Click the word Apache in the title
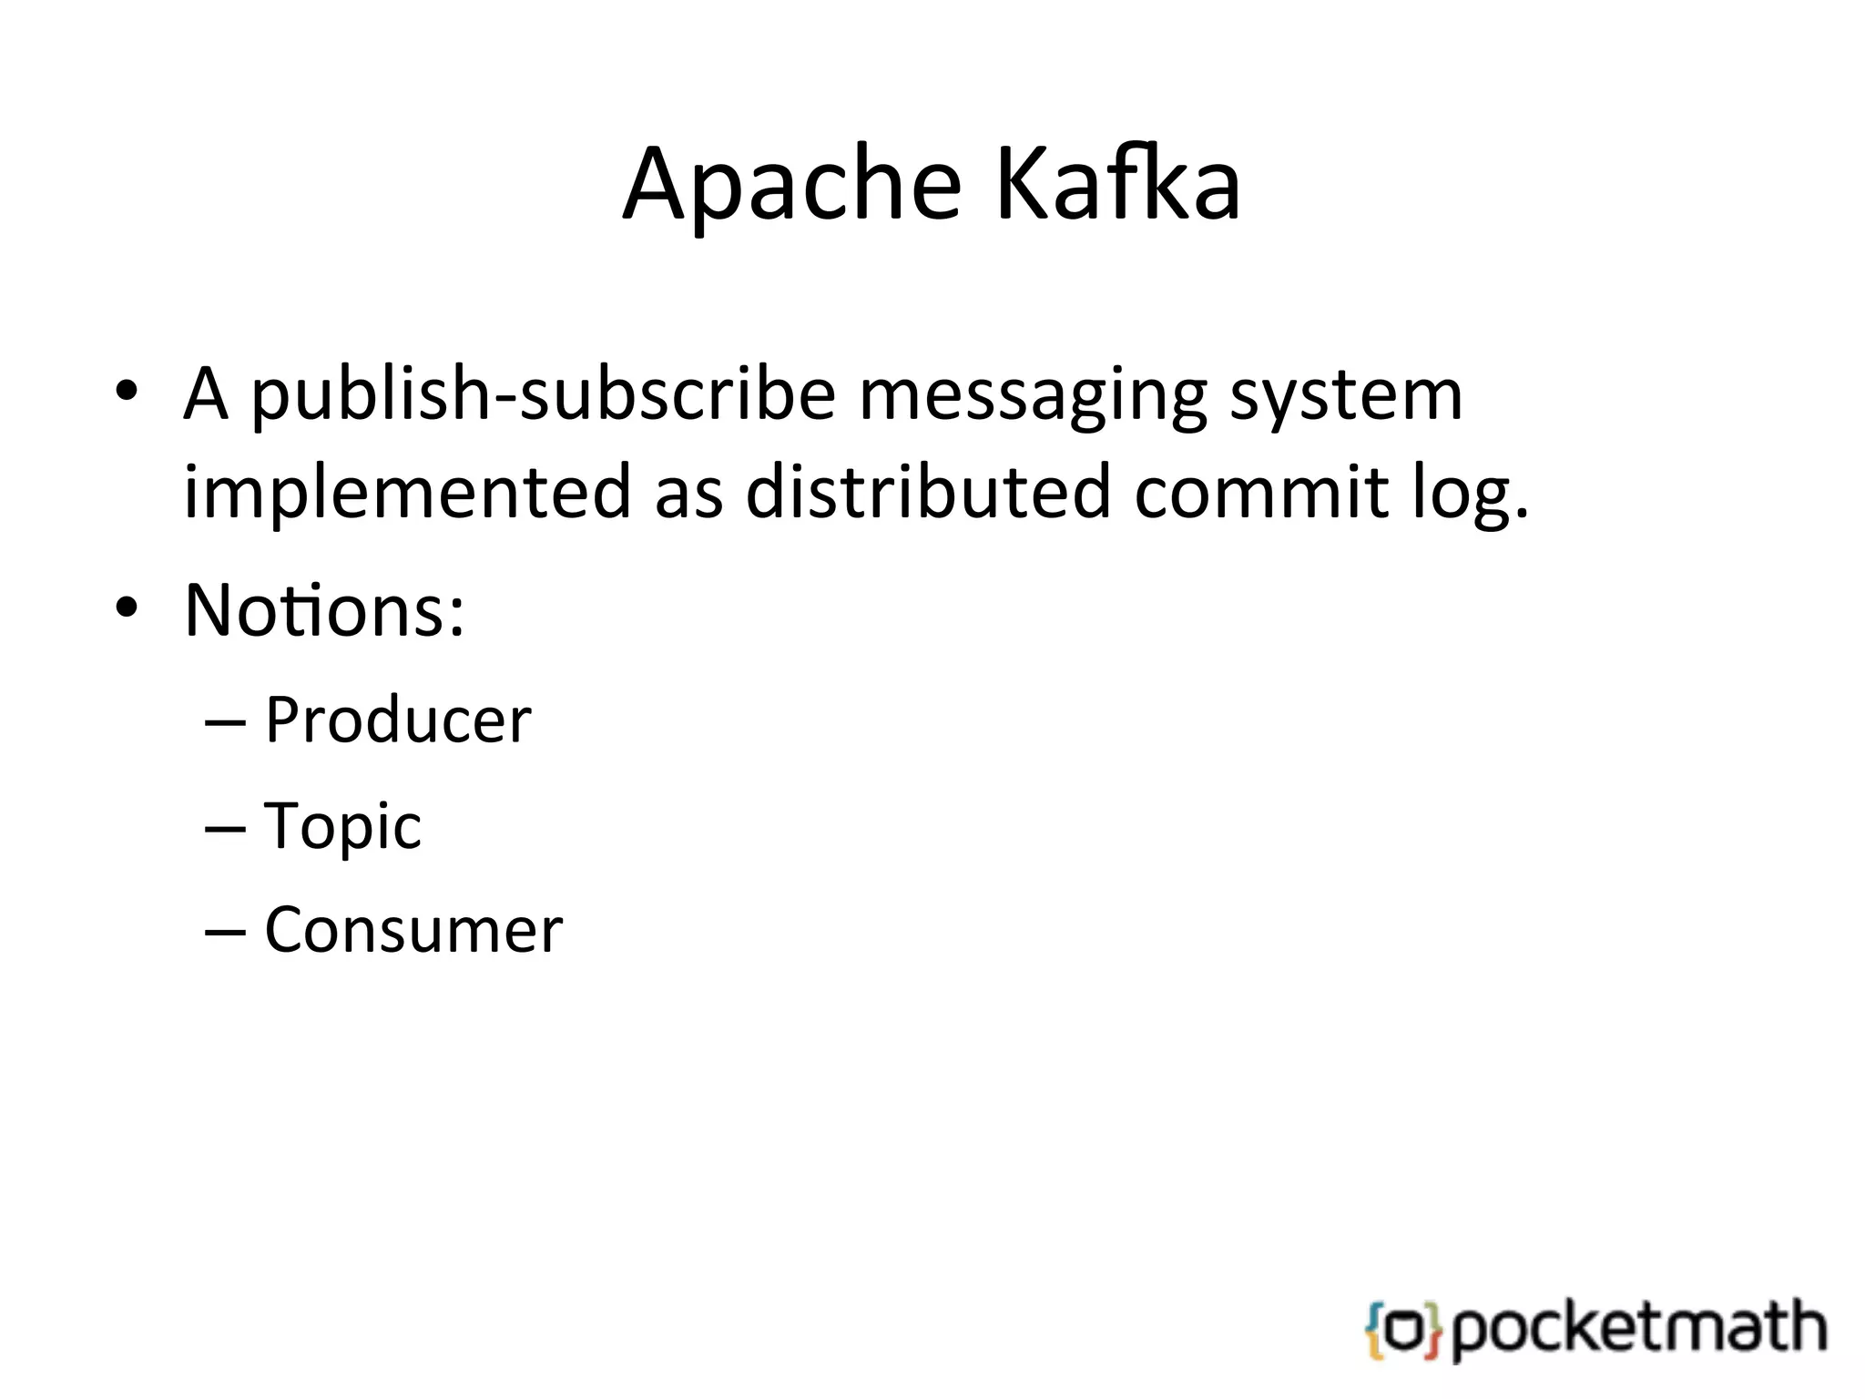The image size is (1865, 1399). pyautogui.click(x=790, y=186)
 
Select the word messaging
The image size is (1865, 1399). pyautogui.click(x=1032, y=396)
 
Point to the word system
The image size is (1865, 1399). pyautogui.click(x=1345, y=396)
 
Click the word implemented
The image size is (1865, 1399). pyautogui.click(x=407, y=492)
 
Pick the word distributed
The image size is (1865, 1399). pyautogui.click(x=928, y=492)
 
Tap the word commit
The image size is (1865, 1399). pyautogui.click(x=1260, y=492)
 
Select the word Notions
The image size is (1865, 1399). pyautogui.click(x=323, y=609)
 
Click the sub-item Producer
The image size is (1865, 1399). pyautogui.click(x=398, y=720)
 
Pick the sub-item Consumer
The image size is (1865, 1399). pyautogui.click(x=413, y=931)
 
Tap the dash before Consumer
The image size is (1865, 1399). pyautogui.click(x=226, y=934)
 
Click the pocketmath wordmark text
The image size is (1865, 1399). pyautogui.click(x=1638, y=1329)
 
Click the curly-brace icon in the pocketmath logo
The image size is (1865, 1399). pyautogui.click(x=1403, y=1331)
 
